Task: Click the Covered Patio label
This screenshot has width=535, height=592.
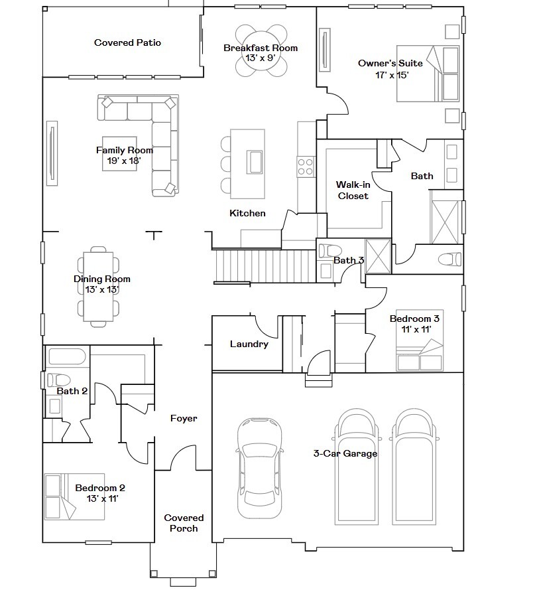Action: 127,43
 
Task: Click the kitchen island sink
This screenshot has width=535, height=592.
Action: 255,161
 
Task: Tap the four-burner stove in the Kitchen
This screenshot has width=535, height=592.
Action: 306,165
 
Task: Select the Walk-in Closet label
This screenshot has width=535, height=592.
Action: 353,190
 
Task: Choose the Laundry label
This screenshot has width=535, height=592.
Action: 249,344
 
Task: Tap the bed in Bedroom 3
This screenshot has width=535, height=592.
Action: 419,354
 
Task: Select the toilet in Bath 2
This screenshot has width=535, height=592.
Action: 57,380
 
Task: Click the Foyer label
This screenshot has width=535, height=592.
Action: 184,418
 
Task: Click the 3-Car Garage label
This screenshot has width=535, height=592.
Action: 345,454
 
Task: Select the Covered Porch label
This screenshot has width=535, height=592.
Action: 184,523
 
